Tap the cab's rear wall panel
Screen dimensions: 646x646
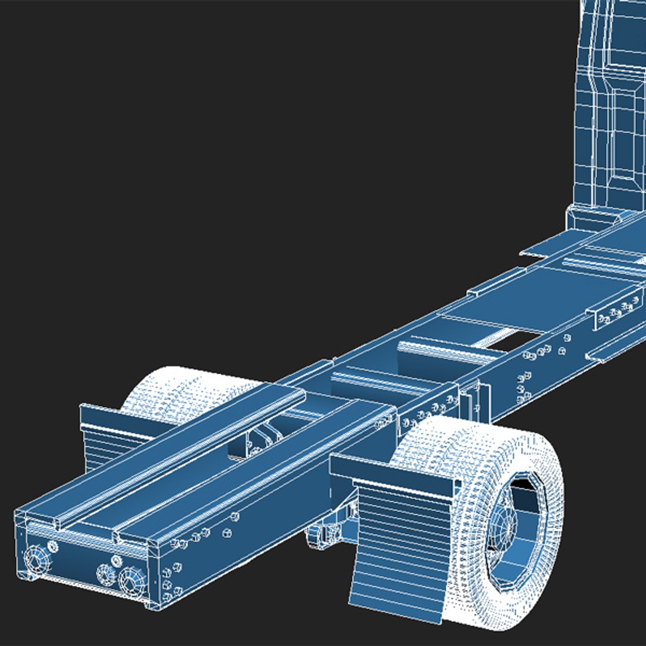610,108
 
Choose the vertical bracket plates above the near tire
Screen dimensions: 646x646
476,401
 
